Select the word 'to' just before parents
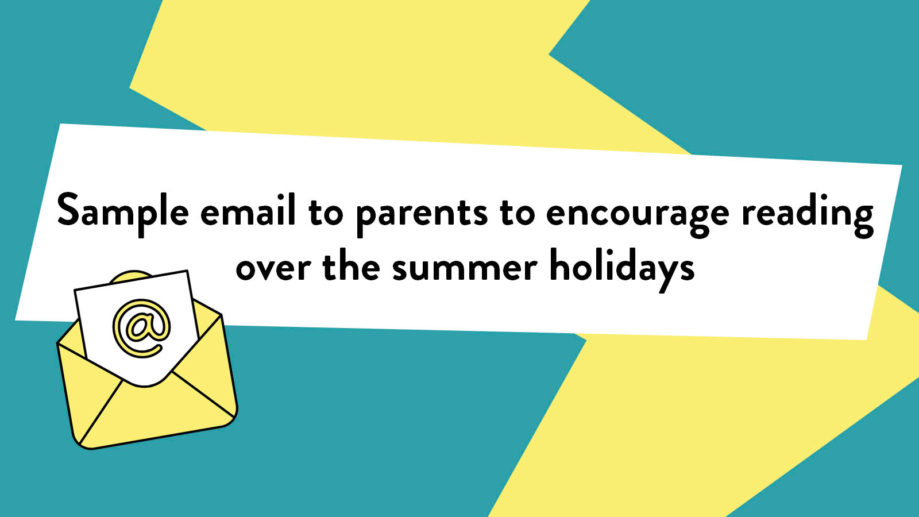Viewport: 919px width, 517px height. pos(326,213)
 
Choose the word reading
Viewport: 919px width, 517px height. pos(807,214)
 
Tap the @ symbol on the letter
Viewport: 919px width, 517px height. pos(141,328)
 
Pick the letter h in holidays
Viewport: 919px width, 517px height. pos(559,266)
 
